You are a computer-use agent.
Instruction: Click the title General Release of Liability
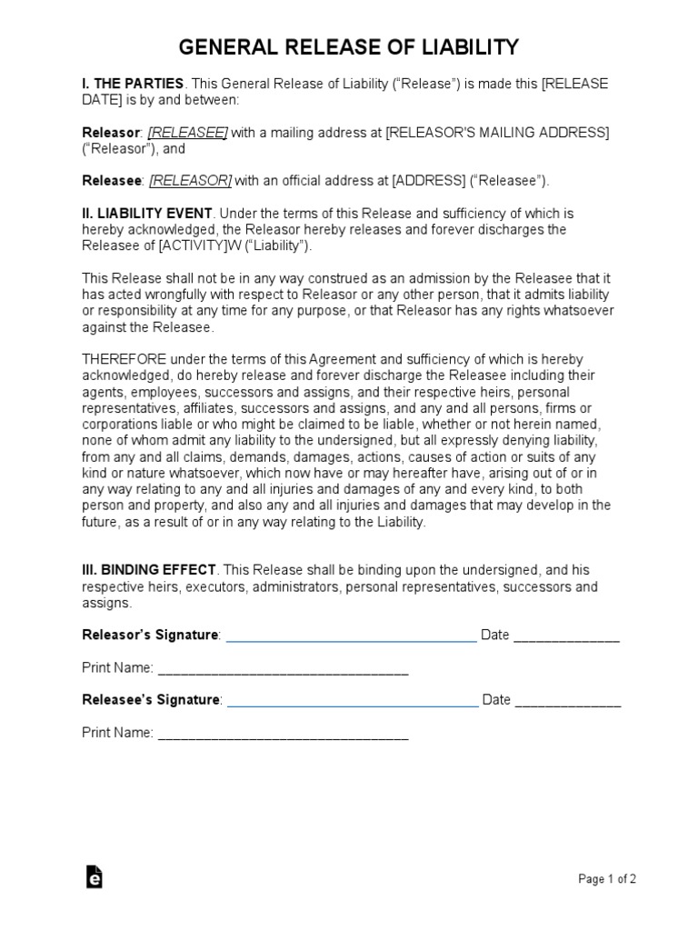click(349, 46)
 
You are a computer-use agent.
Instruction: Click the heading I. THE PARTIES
click(133, 84)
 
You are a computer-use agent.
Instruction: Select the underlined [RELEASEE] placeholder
click(188, 133)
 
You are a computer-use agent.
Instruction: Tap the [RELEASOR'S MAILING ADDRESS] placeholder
click(497, 133)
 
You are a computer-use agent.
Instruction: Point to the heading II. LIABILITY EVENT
click(146, 214)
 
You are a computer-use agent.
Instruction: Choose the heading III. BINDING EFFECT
click(149, 569)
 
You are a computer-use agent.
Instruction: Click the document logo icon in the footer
click(94, 876)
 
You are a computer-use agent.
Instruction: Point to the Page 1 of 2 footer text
click(607, 878)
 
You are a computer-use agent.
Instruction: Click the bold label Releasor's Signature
click(150, 635)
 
